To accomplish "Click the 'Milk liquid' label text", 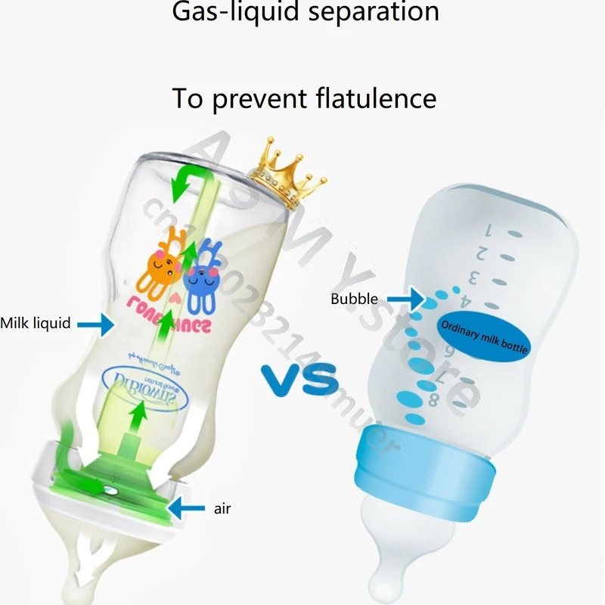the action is [36, 323].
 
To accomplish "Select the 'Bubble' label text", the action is [354, 299].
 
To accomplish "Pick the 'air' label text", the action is [222, 508].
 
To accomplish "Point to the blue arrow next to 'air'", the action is [186, 507].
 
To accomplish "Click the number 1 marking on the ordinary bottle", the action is [489, 227].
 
